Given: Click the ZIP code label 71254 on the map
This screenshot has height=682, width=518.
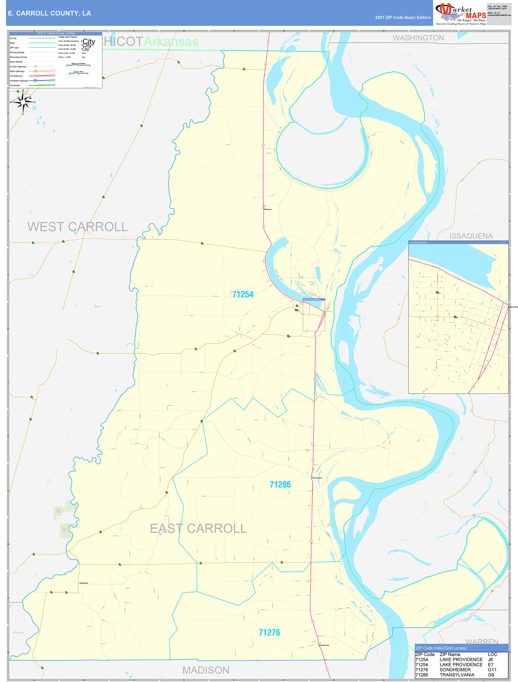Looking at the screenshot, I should click(x=242, y=295).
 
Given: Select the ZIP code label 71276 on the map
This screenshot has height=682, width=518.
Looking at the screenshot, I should click(x=269, y=632).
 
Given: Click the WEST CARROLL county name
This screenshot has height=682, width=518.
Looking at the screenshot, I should click(x=77, y=227).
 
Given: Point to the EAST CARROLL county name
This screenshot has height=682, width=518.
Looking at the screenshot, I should click(x=198, y=529).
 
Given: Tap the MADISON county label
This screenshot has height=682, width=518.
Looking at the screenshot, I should click(x=206, y=670).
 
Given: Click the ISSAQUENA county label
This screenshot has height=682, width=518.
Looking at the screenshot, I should click(x=471, y=236).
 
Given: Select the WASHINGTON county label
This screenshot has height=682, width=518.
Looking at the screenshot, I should click(x=418, y=38).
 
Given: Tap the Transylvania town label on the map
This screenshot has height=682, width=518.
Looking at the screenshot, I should click(x=316, y=478).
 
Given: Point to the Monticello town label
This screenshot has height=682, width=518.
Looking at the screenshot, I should click(x=84, y=583).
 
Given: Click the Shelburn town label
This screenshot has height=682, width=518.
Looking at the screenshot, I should click(x=268, y=209).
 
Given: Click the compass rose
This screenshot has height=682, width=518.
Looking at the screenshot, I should click(x=23, y=102).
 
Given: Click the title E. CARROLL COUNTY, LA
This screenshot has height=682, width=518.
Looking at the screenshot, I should click(x=49, y=13).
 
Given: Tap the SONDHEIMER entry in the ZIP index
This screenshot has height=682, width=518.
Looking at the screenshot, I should click(x=455, y=670).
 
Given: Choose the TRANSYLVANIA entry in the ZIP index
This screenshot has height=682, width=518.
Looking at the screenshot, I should click(x=457, y=675).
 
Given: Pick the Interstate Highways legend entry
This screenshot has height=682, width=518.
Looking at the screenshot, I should click(x=19, y=81).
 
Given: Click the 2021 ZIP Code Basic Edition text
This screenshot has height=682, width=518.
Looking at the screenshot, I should click(x=403, y=18).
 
